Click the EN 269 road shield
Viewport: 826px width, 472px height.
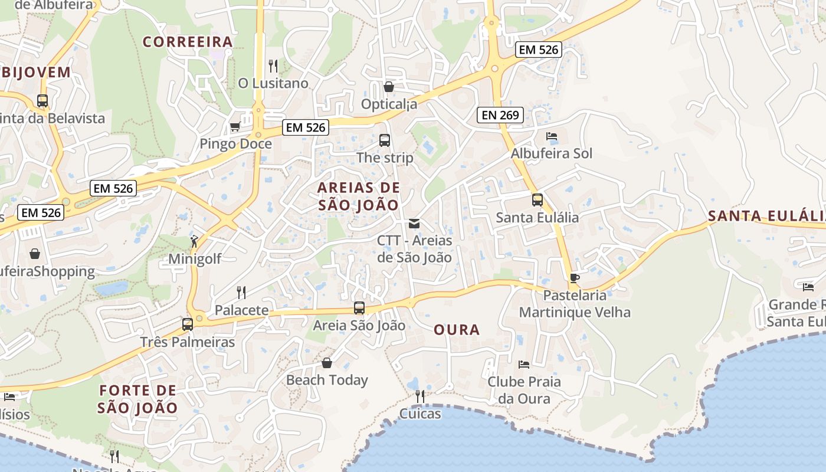tap(500, 115)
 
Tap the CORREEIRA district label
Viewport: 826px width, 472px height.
tap(188, 42)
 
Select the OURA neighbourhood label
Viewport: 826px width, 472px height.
tap(457, 330)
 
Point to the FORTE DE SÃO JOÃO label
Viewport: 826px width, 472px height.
tap(137, 399)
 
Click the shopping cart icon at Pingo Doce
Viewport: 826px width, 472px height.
tap(235, 126)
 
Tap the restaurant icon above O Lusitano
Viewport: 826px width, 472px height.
tap(273, 65)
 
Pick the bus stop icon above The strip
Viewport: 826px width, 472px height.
tap(385, 140)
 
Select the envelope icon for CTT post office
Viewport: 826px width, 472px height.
tap(414, 224)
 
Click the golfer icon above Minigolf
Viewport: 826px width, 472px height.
tap(194, 241)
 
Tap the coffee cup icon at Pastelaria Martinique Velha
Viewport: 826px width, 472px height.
tap(575, 278)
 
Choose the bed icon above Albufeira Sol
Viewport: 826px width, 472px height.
tap(552, 136)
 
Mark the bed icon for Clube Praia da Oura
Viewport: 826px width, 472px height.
tap(523, 364)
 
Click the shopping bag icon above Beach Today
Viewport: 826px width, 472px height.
tap(327, 362)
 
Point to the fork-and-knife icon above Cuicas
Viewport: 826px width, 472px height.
tap(420, 396)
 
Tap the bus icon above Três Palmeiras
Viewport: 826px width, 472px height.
tap(188, 324)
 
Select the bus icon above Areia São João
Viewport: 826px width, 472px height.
tap(359, 307)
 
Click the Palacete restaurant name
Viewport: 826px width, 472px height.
tap(241, 310)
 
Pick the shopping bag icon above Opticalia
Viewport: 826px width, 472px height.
tap(389, 87)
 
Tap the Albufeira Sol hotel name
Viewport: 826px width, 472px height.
tap(551, 153)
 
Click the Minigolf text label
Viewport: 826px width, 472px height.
tap(195, 258)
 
